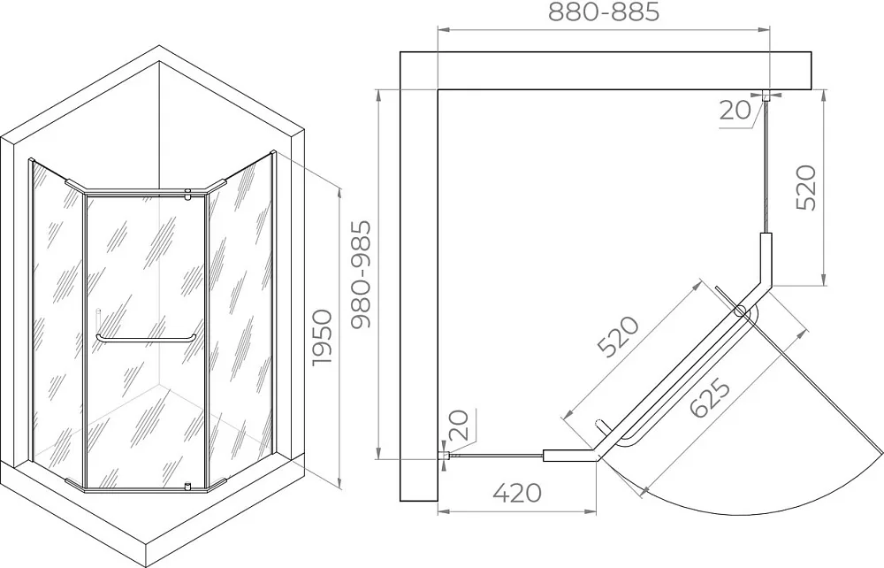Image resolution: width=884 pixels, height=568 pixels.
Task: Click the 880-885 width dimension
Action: click(604, 12)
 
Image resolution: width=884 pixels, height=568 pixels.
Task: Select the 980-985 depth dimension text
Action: click(362, 274)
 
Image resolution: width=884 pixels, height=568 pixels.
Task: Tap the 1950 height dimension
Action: click(324, 337)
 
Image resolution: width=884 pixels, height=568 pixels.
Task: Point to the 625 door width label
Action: click(710, 398)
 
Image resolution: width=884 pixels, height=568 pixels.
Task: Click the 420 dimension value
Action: click(517, 493)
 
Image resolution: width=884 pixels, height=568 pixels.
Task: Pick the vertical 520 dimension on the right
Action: click(806, 188)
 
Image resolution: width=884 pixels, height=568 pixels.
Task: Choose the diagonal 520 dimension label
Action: click(619, 337)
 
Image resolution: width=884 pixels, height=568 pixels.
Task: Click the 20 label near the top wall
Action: click(735, 111)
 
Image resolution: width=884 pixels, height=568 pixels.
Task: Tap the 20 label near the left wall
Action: click(459, 425)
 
